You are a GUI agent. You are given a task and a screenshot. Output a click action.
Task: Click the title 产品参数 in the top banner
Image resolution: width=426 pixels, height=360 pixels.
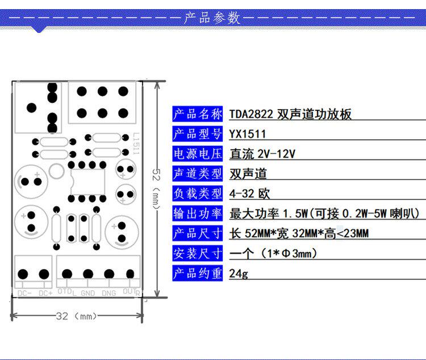coord(212,18)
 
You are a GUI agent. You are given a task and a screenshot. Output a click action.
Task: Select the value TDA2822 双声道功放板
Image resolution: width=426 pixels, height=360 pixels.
coord(290,114)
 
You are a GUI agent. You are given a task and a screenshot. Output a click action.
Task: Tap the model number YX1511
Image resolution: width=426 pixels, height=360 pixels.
coord(248,134)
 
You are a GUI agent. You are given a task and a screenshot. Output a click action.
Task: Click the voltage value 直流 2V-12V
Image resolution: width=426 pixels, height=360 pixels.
coord(263,154)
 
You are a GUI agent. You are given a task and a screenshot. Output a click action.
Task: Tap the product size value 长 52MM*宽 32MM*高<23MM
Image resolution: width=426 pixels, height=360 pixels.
coord(299,233)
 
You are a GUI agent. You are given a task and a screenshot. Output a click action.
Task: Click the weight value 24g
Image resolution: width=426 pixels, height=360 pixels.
coord(239,274)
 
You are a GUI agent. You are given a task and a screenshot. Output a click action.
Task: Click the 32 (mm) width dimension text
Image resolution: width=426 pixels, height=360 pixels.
coord(77,316)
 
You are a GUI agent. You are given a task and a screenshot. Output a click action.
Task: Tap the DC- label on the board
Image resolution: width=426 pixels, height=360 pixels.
coord(24,293)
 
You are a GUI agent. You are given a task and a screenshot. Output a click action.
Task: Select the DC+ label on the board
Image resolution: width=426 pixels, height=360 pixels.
coord(45,293)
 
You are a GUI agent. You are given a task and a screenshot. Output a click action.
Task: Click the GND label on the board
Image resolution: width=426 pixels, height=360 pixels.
coord(87,293)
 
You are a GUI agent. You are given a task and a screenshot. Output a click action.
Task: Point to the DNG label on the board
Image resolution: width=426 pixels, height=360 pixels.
coord(108,293)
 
